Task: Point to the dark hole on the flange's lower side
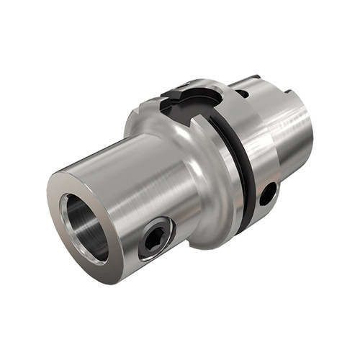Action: tap(267, 193)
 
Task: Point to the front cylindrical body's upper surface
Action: tap(130, 162)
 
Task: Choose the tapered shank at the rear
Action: tap(288, 137)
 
